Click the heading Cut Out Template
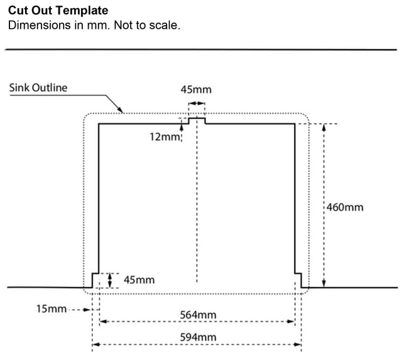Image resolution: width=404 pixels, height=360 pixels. (58, 11)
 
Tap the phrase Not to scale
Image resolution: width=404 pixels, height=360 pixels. (147, 25)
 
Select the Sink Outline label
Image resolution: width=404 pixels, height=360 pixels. (38, 87)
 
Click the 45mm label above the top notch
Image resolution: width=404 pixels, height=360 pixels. (196, 90)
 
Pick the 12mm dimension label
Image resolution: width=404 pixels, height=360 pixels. (165, 136)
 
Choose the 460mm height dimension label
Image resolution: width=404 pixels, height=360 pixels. (345, 207)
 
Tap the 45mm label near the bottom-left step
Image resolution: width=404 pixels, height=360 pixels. (139, 280)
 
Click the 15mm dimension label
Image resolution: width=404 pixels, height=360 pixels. (52, 308)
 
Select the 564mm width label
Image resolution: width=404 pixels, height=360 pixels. (198, 315)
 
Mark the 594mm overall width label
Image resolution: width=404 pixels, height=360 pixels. (198, 337)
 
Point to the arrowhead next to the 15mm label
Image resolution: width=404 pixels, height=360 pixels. (87, 310)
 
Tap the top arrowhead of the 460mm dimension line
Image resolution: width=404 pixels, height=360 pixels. (324, 128)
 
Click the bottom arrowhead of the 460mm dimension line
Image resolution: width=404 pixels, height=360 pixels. (324, 283)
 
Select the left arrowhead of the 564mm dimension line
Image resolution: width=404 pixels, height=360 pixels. (103, 321)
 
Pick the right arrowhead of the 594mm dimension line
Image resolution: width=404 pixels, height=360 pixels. (297, 344)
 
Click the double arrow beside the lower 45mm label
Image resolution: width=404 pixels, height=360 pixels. (110, 280)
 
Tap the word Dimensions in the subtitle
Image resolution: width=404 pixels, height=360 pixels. (40, 25)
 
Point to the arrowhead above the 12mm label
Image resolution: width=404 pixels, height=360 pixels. (182, 128)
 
